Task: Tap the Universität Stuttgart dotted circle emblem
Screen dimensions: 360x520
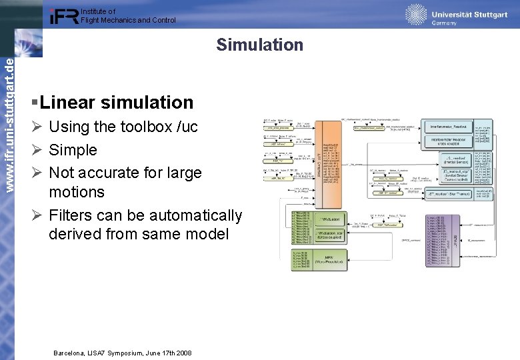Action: (x=416, y=14)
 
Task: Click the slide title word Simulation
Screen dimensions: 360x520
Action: (x=259, y=45)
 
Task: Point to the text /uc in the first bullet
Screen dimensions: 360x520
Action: (x=185, y=127)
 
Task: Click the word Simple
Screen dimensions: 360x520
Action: (x=73, y=150)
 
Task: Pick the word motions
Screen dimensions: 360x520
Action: (x=77, y=192)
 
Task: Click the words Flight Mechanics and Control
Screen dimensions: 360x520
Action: (x=128, y=20)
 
